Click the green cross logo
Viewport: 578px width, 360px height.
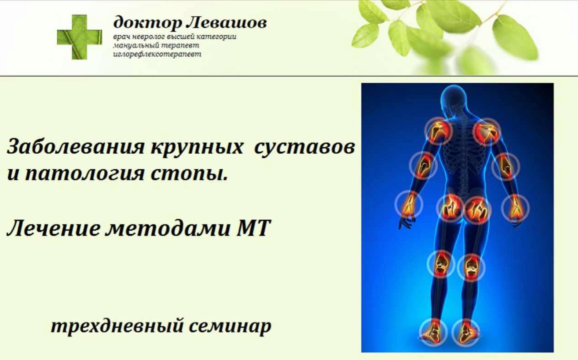click(x=79, y=37)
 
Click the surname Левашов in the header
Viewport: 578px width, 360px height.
click(x=226, y=23)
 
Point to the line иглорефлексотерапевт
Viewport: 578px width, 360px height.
click(x=157, y=54)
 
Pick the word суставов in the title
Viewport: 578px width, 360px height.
click(x=304, y=147)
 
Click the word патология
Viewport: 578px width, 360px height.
click(x=85, y=174)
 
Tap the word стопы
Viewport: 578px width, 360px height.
click(x=189, y=174)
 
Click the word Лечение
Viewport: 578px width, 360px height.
click(x=53, y=229)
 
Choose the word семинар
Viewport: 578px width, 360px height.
click(x=230, y=326)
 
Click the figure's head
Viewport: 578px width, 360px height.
click(x=453, y=98)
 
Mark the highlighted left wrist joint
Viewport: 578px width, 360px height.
click(x=409, y=204)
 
